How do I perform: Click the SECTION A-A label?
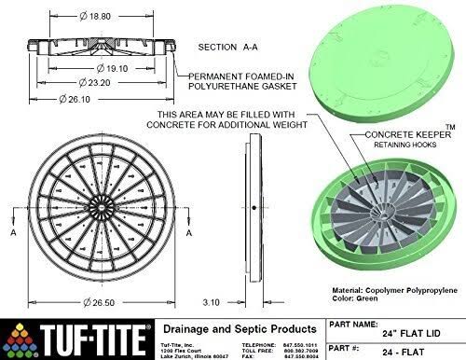point(233,45)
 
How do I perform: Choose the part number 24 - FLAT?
point(391,351)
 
